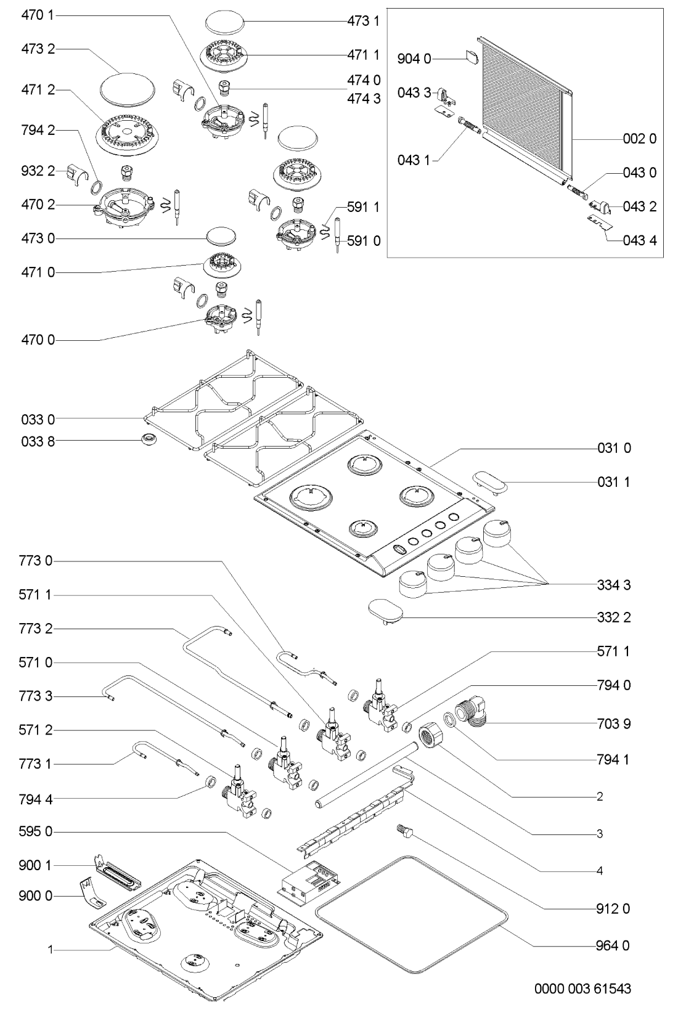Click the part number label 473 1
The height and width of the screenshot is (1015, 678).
click(x=367, y=21)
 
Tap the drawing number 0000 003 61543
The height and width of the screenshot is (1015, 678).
click(x=582, y=989)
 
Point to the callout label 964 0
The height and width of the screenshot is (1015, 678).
click(x=613, y=945)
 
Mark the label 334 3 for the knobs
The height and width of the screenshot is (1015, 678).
click(x=613, y=585)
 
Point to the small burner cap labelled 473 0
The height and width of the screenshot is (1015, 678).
click(x=222, y=236)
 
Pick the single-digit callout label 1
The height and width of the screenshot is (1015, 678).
click(x=51, y=950)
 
